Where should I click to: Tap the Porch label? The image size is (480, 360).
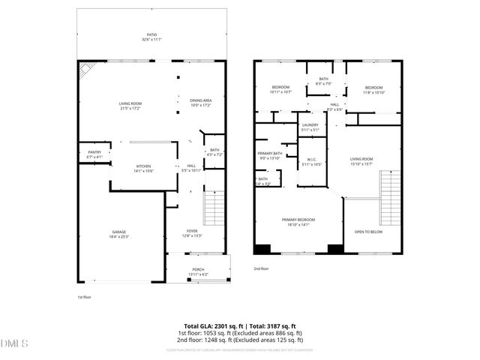point(198,271)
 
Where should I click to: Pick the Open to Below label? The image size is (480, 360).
point(368,232)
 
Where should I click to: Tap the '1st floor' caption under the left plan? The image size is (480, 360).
point(85,298)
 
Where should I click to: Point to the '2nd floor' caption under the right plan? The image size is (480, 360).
point(261,268)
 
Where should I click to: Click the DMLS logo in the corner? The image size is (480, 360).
point(13,344)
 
